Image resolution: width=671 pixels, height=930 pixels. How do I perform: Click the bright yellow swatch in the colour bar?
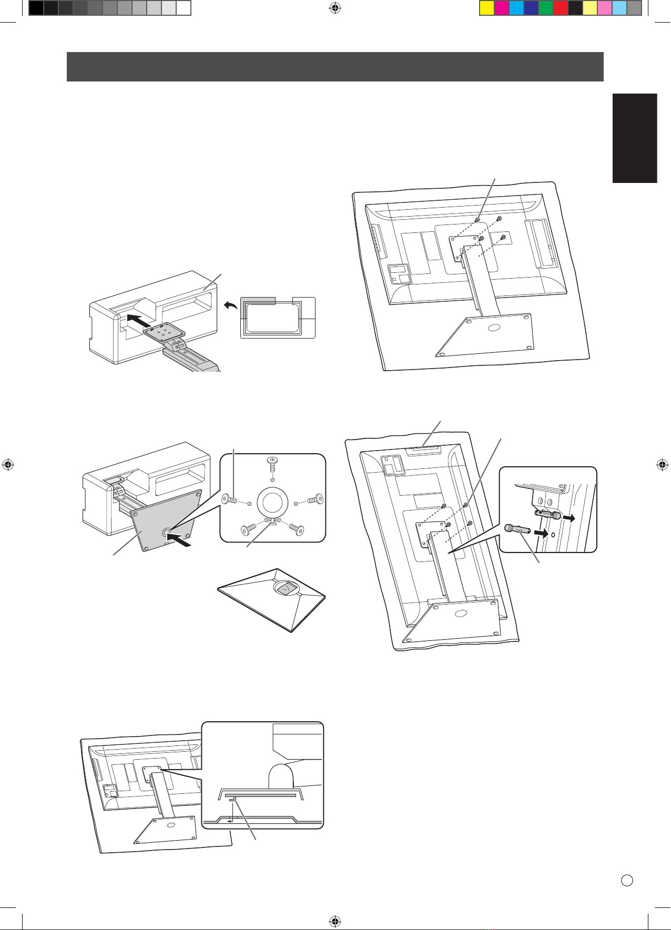click(x=487, y=8)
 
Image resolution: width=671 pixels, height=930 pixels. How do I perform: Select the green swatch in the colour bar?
click(x=546, y=8)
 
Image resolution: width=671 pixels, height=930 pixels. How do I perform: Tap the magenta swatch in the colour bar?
click(x=502, y=8)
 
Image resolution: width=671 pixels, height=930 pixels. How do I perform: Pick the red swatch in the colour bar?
click(x=561, y=8)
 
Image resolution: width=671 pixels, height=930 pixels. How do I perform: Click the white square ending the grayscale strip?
click(x=183, y=8)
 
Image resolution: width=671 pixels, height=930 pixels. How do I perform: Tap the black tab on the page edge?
click(x=635, y=138)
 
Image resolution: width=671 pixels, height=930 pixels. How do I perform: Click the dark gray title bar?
click(x=334, y=66)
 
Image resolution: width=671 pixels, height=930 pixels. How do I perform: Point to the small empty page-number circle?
click(x=626, y=881)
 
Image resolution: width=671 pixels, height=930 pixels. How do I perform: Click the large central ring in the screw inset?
click(x=271, y=502)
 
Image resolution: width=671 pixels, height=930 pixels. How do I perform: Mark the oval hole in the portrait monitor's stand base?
click(x=461, y=614)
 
